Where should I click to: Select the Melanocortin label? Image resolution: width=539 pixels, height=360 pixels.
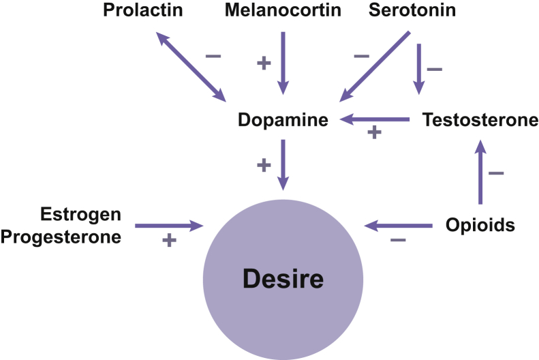pos(283,11)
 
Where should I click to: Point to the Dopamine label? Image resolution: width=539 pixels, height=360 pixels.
pos(283,120)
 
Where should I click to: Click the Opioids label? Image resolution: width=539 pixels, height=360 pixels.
pos(480,224)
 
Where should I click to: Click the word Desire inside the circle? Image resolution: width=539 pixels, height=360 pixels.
pos(282,280)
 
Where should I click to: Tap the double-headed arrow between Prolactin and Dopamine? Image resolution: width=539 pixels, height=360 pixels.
pos(191,65)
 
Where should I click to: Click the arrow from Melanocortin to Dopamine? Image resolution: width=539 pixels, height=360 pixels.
pos(283,62)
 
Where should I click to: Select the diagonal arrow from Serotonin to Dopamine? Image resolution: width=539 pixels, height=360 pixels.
pos(375,65)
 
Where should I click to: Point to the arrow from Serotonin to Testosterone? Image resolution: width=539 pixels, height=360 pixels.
pos(419,68)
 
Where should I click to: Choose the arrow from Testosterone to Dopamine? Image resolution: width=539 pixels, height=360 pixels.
pos(374,119)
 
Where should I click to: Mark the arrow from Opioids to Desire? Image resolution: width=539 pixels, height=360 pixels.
pos(398,224)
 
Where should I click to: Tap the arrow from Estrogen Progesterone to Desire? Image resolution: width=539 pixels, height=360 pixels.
pos(169,224)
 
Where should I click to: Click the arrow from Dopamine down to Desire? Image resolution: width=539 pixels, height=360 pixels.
pos(283,164)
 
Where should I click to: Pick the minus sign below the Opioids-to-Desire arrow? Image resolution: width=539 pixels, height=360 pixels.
pos(398,240)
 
